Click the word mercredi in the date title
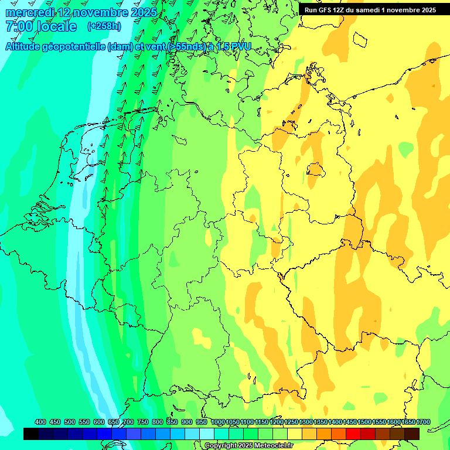pos(30,12)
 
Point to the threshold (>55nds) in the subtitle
pos(187,46)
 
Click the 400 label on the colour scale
pos(40,422)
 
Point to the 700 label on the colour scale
pos(128,422)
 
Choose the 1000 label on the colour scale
pos(217,422)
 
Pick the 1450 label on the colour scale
pos(350,422)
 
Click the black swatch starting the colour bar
pos(31,434)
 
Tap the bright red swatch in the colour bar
pos(353,434)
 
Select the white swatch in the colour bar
pos(207,434)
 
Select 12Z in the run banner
pos(339,10)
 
